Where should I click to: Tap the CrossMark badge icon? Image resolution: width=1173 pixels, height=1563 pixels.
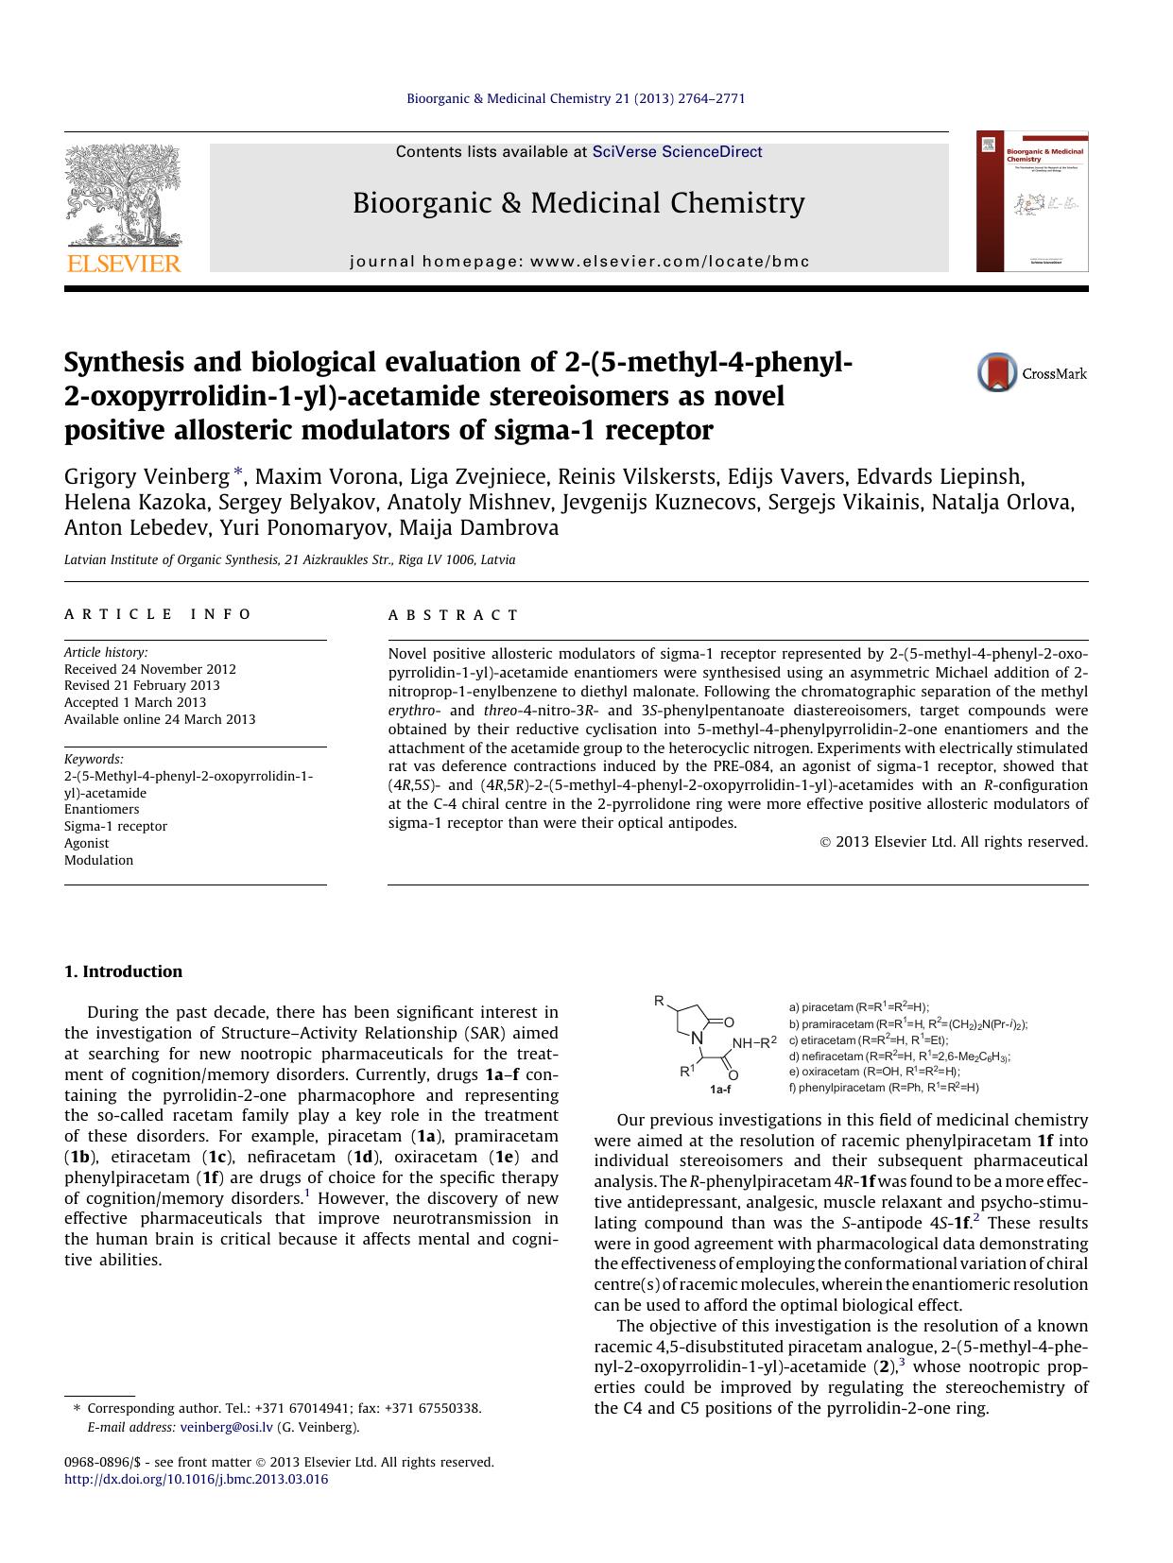(x=997, y=372)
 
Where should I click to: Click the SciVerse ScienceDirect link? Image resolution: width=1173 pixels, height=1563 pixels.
(x=677, y=152)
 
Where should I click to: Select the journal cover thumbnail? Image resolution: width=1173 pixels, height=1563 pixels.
(x=1031, y=202)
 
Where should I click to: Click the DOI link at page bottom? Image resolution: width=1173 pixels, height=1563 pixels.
(x=196, y=1479)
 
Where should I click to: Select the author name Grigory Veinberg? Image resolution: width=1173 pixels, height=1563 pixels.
(x=147, y=475)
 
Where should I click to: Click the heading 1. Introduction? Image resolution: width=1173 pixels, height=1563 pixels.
(x=123, y=971)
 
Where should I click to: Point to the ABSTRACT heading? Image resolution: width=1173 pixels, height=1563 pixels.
(x=453, y=615)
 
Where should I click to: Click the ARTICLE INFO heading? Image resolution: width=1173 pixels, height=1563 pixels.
(x=158, y=614)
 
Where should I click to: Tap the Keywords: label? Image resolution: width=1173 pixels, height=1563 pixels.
(x=94, y=759)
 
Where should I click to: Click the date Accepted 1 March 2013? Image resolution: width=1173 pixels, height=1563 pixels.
(x=135, y=702)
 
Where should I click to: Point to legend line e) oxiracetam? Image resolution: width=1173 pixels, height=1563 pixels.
(x=873, y=1072)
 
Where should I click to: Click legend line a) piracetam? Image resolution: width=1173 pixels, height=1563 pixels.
(x=858, y=1007)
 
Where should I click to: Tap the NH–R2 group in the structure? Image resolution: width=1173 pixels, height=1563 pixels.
(x=753, y=1042)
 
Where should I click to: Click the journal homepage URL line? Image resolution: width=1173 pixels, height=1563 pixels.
(x=579, y=262)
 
